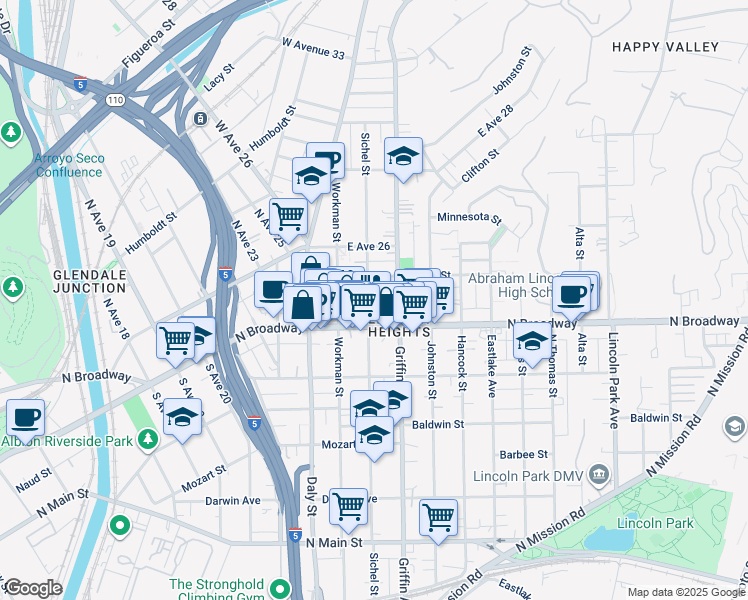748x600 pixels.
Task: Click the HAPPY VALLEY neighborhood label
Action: (x=665, y=47)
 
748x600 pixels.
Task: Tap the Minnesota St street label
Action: (x=468, y=217)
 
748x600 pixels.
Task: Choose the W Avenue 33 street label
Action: (x=313, y=49)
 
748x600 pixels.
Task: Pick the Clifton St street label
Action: (x=480, y=166)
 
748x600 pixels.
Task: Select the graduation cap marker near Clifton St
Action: (x=403, y=156)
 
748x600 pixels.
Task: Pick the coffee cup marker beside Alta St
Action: (x=571, y=294)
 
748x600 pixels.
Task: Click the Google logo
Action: (x=32, y=588)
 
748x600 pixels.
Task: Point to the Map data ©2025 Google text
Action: (x=684, y=592)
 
